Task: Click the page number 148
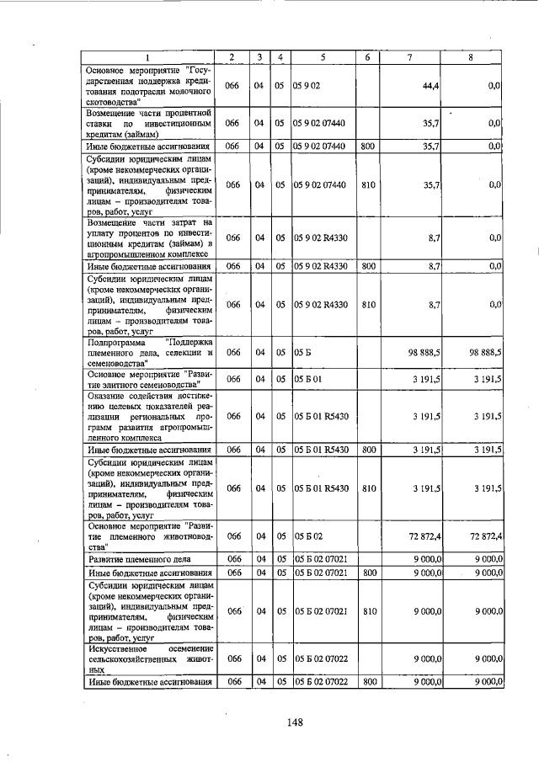pyautogui.click(x=294, y=721)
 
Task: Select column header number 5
pyautogui.click(x=323, y=57)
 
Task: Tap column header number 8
pyautogui.click(x=471, y=57)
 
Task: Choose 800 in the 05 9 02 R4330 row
pyautogui.click(x=368, y=267)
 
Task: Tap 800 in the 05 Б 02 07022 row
pyautogui.click(x=368, y=682)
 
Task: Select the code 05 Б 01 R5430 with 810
pyautogui.click(x=323, y=488)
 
